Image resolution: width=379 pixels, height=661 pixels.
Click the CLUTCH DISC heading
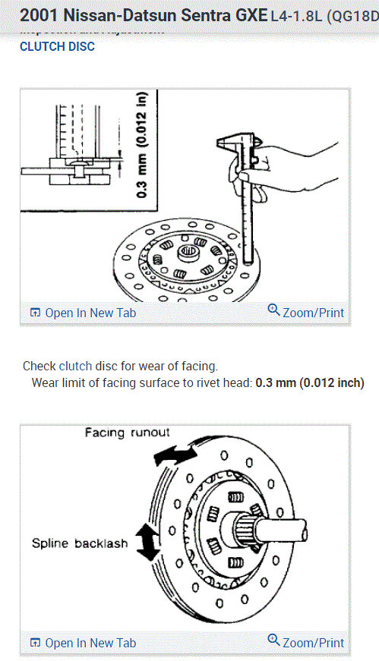point(57,46)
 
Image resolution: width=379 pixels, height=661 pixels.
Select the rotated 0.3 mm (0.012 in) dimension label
point(142,144)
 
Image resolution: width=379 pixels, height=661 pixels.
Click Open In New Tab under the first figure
point(90,313)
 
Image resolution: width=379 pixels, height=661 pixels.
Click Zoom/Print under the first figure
point(313,312)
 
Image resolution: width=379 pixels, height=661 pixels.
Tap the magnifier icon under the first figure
point(274,311)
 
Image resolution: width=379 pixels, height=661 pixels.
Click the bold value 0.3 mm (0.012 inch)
point(309,382)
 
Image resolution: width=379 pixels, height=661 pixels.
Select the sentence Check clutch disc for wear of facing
point(120,366)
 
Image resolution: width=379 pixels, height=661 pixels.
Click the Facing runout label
point(128,432)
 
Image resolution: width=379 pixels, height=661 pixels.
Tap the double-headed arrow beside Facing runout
point(174,453)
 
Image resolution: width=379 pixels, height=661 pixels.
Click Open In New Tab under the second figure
point(90,643)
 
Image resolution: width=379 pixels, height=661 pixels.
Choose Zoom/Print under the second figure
point(313,642)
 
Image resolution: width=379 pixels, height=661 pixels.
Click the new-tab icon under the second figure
point(34,643)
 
